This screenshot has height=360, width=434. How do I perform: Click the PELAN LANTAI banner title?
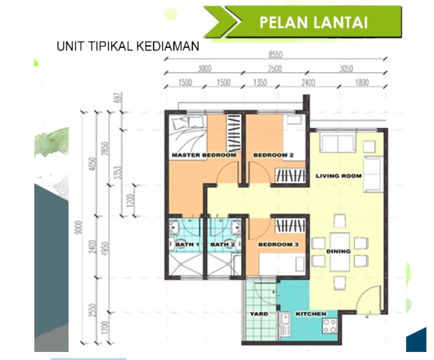tap(314, 22)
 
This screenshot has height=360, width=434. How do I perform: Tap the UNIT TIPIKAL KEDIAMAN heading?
tap(128, 46)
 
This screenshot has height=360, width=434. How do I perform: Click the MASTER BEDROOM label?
tap(204, 155)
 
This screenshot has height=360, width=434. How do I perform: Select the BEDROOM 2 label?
tap(274, 155)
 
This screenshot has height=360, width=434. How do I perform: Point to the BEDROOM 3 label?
tap(278, 244)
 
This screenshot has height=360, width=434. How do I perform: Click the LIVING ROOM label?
tap(339, 176)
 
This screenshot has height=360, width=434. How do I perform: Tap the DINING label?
tap(339, 251)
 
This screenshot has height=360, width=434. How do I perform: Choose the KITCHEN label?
tap(311, 314)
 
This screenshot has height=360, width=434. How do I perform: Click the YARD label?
tap(259, 314)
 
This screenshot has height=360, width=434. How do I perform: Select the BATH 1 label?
tap(188, 244)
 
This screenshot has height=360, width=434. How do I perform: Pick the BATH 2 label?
tap(222, 244)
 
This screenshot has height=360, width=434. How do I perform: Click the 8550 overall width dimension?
tap(276, 55)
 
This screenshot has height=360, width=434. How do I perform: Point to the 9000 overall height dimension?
tap(79, 227)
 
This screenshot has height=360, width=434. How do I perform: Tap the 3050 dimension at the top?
tap(346, 69)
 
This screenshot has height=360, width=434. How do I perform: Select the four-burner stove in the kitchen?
tap(330, 326)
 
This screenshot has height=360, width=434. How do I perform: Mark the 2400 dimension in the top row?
tap(308, 83)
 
